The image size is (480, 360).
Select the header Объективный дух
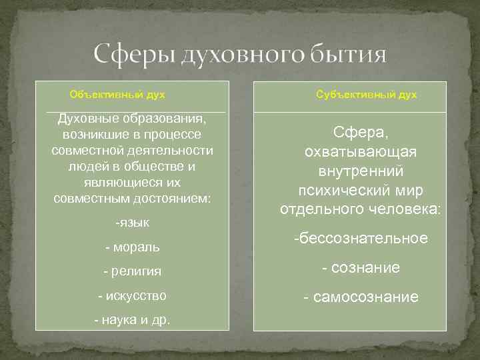click(x=117, y=95)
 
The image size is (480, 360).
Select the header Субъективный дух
click(x=366, y=95)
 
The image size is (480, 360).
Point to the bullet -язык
click(x=132, y=222)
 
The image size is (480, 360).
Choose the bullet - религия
click(x=132, y=271)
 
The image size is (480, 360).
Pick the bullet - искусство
click(x=132, y=295)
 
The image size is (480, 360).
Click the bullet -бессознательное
click(x=361, y=238)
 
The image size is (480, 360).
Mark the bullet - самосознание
click(x=361, y=297)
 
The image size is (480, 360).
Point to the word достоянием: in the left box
click(x=171, y=198)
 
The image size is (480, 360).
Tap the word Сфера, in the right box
click(x=361, y=134)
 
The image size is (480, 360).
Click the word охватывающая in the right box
click(x=361, y=153)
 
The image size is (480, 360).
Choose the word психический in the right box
click(x=345, y=190)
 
